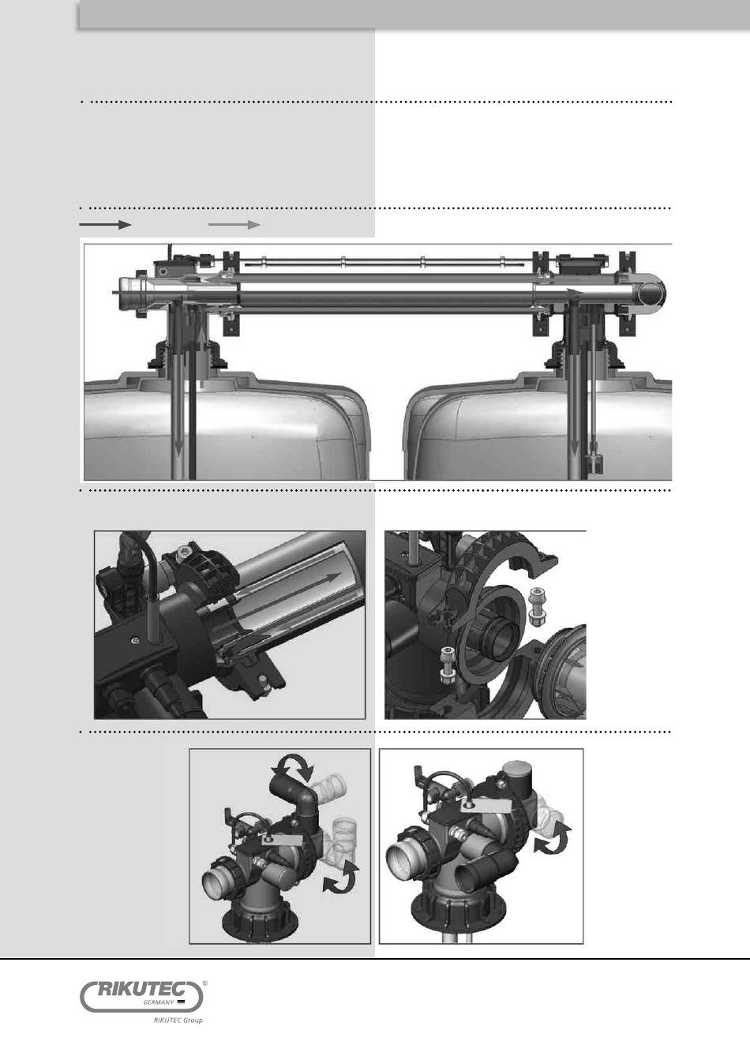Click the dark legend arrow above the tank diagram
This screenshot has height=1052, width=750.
click(105, 224)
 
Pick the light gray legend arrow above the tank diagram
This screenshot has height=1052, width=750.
click(234, 224)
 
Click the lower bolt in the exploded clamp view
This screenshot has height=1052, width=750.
click(448, 665)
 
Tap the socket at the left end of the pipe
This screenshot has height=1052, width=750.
click(132, 292)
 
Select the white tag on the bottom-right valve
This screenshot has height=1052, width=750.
click(487, 807)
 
